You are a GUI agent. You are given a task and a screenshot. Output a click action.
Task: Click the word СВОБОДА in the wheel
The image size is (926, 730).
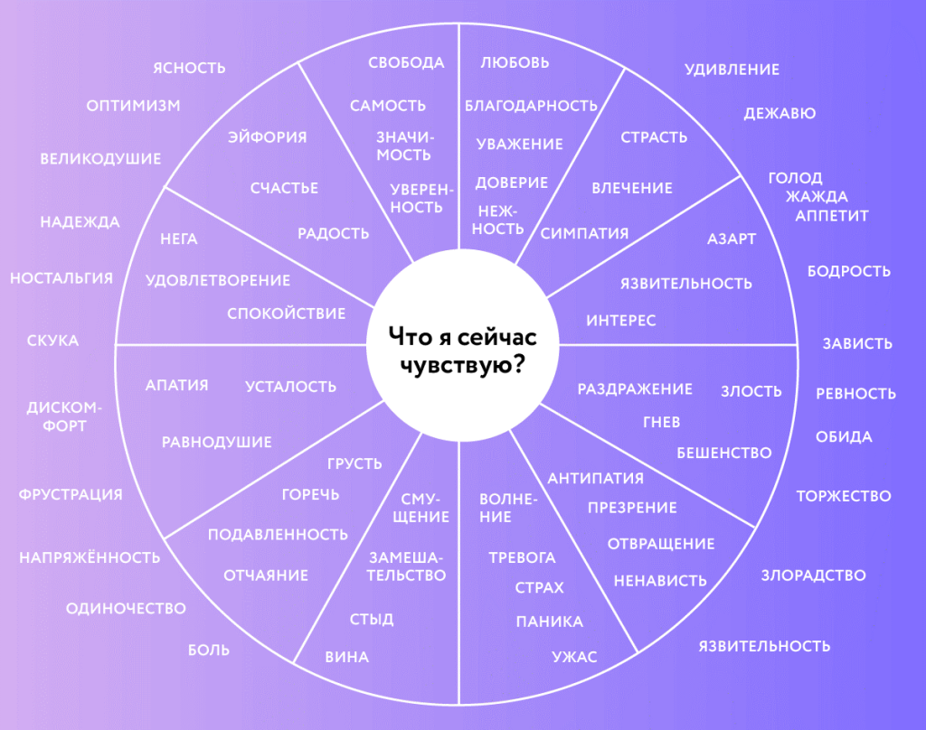(x=406, y=62)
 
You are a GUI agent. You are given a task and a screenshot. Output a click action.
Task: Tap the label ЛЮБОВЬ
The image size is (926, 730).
(x=515, y=62)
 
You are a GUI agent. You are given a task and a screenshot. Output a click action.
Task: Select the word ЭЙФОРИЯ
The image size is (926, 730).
(x=268, y=137)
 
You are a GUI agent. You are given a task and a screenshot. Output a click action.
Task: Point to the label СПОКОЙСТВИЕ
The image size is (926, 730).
(x=287, y=314)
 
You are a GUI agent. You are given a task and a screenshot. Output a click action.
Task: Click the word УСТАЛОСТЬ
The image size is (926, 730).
(x=290, y=387)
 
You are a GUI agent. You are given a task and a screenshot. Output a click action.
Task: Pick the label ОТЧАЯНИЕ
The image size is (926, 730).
(x=266, y=576)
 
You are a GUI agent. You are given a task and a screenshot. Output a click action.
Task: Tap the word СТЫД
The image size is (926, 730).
(x=372, y=619)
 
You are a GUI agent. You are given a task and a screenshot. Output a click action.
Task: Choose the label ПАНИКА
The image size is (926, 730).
(x=550, y=622)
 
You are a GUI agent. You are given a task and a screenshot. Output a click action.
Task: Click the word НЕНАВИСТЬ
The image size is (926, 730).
(x=660, y=581)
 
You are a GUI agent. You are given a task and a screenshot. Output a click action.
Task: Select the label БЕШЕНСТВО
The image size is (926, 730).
(x=724, y=453)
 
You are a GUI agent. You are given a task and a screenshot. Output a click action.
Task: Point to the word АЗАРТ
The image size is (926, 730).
(x=732, y=239)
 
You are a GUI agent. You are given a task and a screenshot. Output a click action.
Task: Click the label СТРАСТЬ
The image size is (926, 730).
(x=654, y=137)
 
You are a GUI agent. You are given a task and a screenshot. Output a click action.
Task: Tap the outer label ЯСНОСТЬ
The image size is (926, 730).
(x=190, y=69)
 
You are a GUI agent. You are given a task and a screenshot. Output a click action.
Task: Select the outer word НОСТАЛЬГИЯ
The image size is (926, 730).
(x=61, y=278)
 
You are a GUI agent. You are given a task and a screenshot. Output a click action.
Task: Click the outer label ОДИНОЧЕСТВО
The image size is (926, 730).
(x=126, y=608)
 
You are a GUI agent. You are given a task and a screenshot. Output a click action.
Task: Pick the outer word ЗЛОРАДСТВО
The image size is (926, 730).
(x=813, y=576)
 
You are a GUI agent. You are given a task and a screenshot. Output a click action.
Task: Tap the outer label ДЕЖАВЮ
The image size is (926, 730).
(x=780, y=113)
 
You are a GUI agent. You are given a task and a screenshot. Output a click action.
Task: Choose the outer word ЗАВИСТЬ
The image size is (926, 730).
(x=857, y=343)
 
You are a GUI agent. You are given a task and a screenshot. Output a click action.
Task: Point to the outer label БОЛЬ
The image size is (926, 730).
(x=209, y=650)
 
